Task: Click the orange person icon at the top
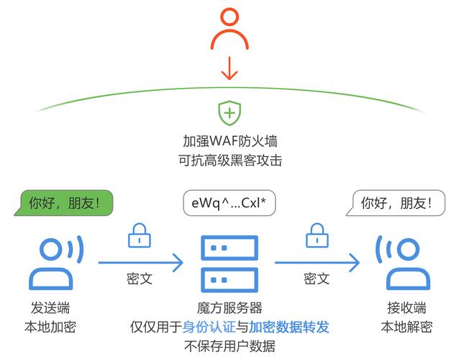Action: point(229,33)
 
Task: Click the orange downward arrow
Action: point(229,70)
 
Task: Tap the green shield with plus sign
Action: point(229,113)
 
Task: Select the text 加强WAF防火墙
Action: point(229,140)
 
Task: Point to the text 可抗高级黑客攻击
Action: point(229,160)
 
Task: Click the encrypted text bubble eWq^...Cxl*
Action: point(229,204)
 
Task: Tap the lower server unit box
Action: point(229,278)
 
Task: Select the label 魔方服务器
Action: point(229,307)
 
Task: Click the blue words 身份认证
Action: point(209,327)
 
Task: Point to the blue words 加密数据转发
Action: point(290,327)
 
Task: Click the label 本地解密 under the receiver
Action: point(406,327)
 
